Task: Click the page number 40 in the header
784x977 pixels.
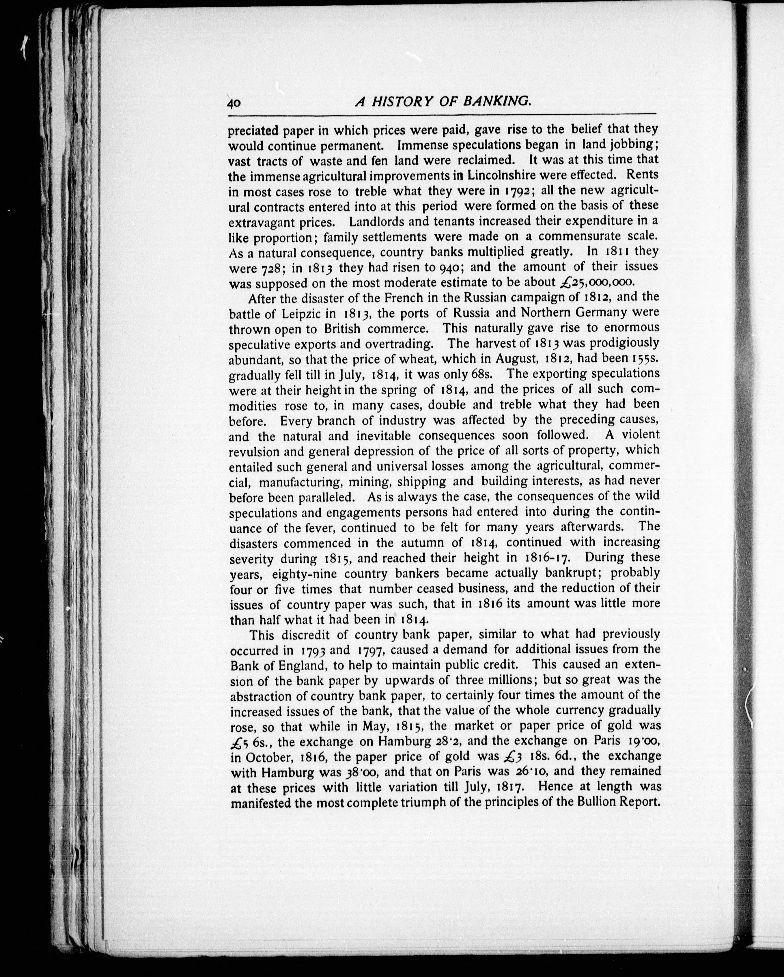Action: pyautogui.click(x=234, y=103)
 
